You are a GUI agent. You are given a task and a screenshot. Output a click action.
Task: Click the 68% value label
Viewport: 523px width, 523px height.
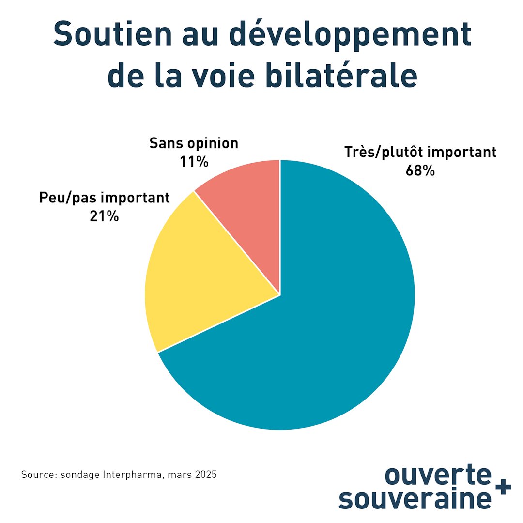(x=420, y=170)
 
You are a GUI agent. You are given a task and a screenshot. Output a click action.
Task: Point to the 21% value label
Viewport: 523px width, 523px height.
(x=104, y=216)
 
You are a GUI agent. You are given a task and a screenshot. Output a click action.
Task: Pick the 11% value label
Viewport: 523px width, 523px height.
(x=194, y=161)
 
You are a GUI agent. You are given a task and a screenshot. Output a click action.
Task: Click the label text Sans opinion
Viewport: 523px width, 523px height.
(x=194, y=143)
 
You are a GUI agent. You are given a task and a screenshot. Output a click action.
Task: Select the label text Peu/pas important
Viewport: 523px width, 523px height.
(x=105, y=198)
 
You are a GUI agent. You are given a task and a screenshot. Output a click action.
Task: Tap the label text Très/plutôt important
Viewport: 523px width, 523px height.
(x=420, y=152)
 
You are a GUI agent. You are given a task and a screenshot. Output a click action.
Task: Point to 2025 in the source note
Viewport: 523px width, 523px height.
(x=205, y=475)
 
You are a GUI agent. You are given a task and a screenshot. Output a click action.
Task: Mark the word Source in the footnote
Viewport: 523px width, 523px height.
(x=36, y=475)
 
